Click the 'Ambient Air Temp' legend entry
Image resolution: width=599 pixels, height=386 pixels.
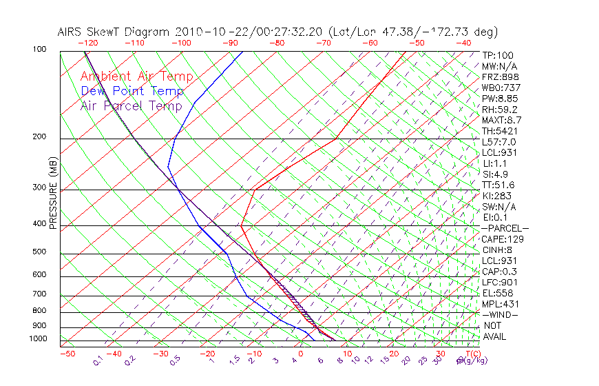(136, 77)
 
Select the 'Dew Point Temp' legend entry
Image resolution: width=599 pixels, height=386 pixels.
(132, 92)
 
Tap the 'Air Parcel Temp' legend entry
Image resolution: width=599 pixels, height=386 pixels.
(131, 106)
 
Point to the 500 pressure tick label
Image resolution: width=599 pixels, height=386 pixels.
(40, 252)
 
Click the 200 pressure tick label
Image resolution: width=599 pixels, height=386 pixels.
(40, 137)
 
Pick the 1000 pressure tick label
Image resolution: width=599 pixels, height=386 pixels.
(38, 339)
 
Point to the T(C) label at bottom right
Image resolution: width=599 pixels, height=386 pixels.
(472, 354)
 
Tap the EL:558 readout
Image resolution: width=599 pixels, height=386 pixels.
(498, 293)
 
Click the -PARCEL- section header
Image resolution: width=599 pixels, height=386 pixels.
(505, 228)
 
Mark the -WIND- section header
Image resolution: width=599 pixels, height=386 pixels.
(500, 314)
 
